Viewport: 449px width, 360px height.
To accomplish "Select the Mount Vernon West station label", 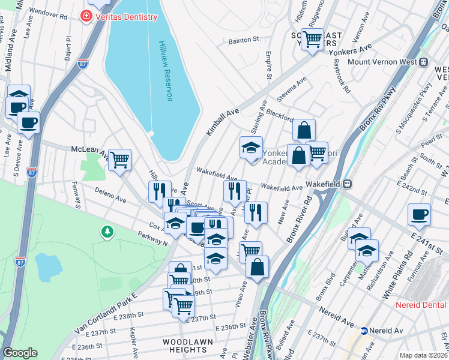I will pos(381,62).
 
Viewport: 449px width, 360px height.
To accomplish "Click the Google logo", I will pos(20,353).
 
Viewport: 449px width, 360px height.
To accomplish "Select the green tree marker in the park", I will pos(107,231).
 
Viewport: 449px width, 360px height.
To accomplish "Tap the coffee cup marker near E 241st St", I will pos(419,214).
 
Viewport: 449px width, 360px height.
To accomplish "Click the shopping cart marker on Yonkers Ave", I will pos(312,40).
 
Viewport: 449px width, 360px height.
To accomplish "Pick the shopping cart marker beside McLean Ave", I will pos(119,160).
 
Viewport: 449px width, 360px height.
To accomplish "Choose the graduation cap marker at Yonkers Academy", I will pos(251,147).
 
